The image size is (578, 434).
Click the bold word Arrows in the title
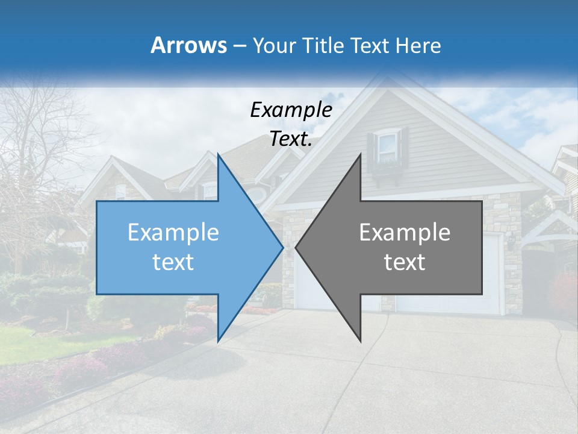coord(189,46)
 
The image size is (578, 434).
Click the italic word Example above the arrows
coord(291,110)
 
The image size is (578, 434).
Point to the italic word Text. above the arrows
coord(291,139)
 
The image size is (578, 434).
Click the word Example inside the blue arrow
coord(173,233)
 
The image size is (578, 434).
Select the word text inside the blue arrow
coord(173,262)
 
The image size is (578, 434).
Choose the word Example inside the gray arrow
coord(405,233)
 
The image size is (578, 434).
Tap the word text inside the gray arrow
coord(405,262)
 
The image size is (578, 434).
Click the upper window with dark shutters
coord(388,146)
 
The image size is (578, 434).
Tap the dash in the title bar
coord(238,46)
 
